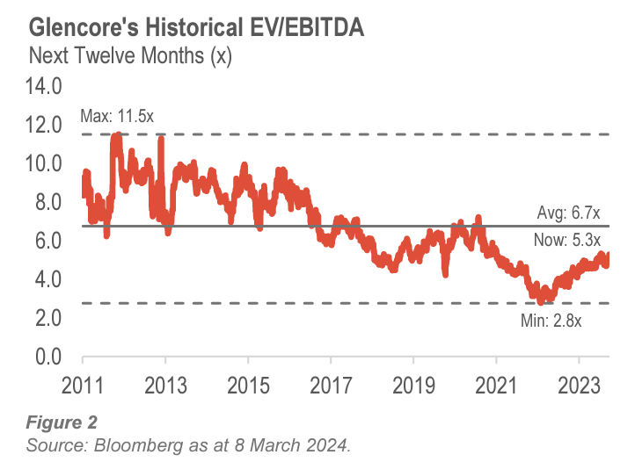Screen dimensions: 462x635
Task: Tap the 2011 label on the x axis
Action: (83, 385)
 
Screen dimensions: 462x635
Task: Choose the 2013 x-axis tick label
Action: (165, 385)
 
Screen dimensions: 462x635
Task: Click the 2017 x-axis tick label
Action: (331, 385)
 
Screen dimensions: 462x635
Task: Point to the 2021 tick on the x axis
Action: (496, 385)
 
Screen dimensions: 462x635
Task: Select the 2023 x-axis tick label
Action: (579, 385)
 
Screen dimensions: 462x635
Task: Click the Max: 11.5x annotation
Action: (116, 115)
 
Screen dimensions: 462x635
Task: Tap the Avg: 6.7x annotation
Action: (568, 213)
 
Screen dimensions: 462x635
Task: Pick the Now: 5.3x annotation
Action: (567, 240)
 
